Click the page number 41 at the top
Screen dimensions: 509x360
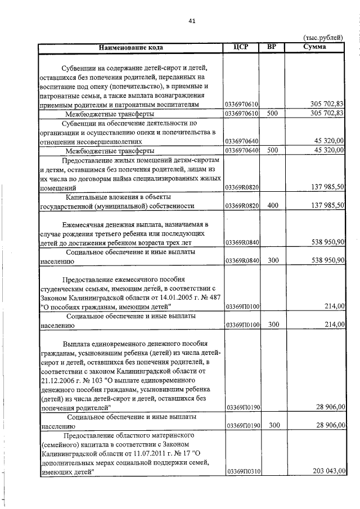click(192, 21)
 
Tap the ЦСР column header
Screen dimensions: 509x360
click(240, 47)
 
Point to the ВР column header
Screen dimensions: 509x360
click(272, 47)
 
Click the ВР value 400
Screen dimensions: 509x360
click(273, 206)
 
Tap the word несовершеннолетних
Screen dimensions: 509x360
click(99, 141)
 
